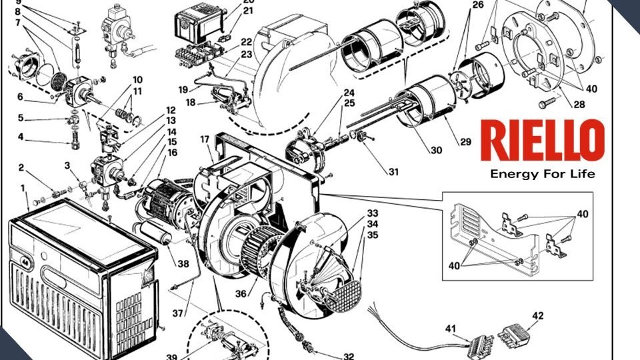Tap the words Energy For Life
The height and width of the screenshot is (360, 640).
pyautogui.click(x=542, y=175)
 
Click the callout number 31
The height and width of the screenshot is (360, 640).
pyautogui.click(x=393, y=172)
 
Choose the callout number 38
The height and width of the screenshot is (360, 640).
pyautogui.click(x=183, y=263)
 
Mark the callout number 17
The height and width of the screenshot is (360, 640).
pyautogui.click(x=205, y=140)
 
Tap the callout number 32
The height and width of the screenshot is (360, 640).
pyautogui.click(x=348, y=356)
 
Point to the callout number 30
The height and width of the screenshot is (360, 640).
pyautogui.click(x=435, y=151)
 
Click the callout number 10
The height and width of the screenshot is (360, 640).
pyautogui.click(x=137, y=80)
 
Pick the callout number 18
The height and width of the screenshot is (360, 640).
pyautogui.click(x=191, y=103)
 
